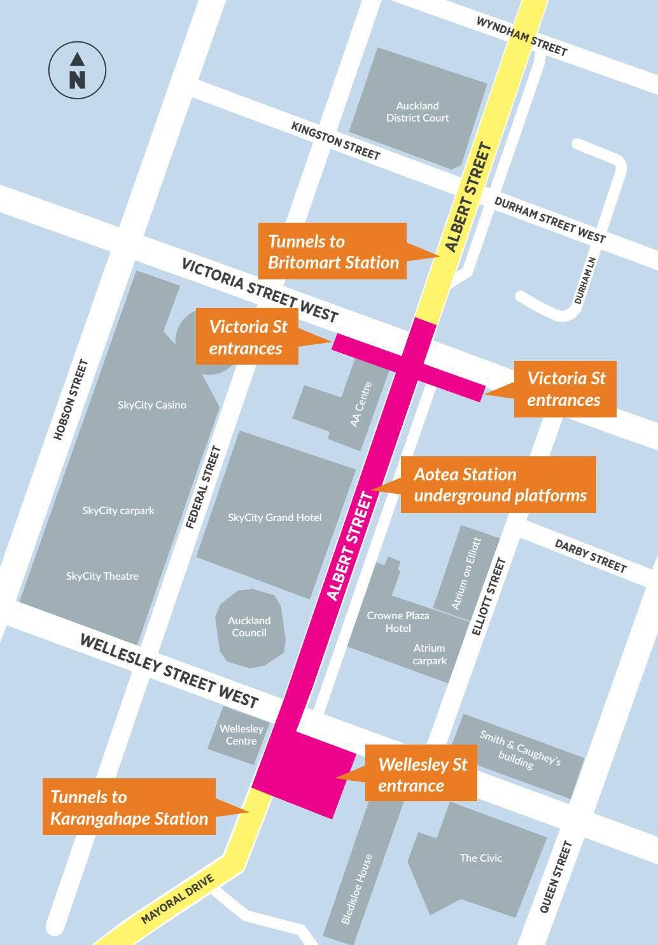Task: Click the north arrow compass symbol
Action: tap(77, 70)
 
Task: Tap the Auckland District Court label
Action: tap(417, 112)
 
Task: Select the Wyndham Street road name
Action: tap(521, 36)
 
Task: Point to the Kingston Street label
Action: tap(335, 141)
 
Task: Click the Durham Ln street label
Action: tap(585, 281)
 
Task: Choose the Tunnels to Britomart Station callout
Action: tap(333, 251)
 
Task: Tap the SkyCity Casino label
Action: tap(152, 405)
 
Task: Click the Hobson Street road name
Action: tap(71, 400)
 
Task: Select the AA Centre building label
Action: tap(361, 404)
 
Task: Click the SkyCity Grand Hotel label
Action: tap(275, 517)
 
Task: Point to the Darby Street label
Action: tap(591, 556)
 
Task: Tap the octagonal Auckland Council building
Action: tap(249, 627)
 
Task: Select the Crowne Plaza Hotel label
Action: tap(398, 622)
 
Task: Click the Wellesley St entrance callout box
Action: tap(422, 774)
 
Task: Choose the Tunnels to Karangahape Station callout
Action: tap(129, 808)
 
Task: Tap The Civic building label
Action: tap(481, 858)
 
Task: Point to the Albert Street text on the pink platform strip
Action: tap(349, 546)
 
